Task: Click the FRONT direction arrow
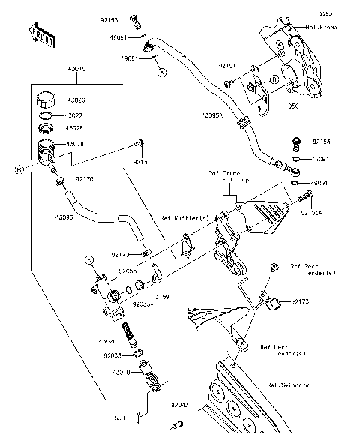(x=41, y=34)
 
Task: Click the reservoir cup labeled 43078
(x=47, y=150)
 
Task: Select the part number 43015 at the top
(x=76, y=69)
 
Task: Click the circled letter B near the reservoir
(x=19, y=169)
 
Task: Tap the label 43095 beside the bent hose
(x=64, y=217)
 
